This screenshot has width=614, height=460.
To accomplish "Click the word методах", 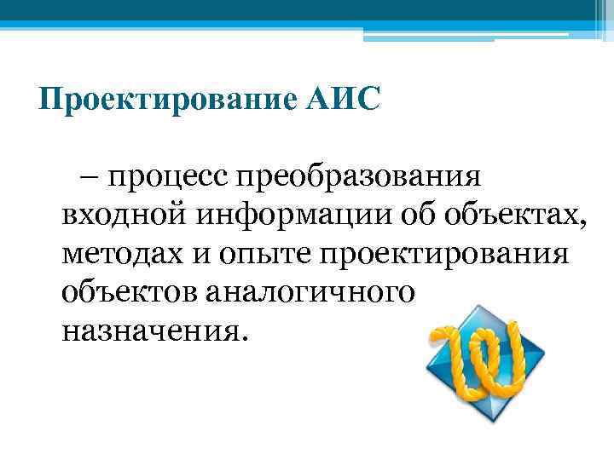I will [x=117, y=253].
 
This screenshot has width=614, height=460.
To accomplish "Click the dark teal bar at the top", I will [x=290, y=9].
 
